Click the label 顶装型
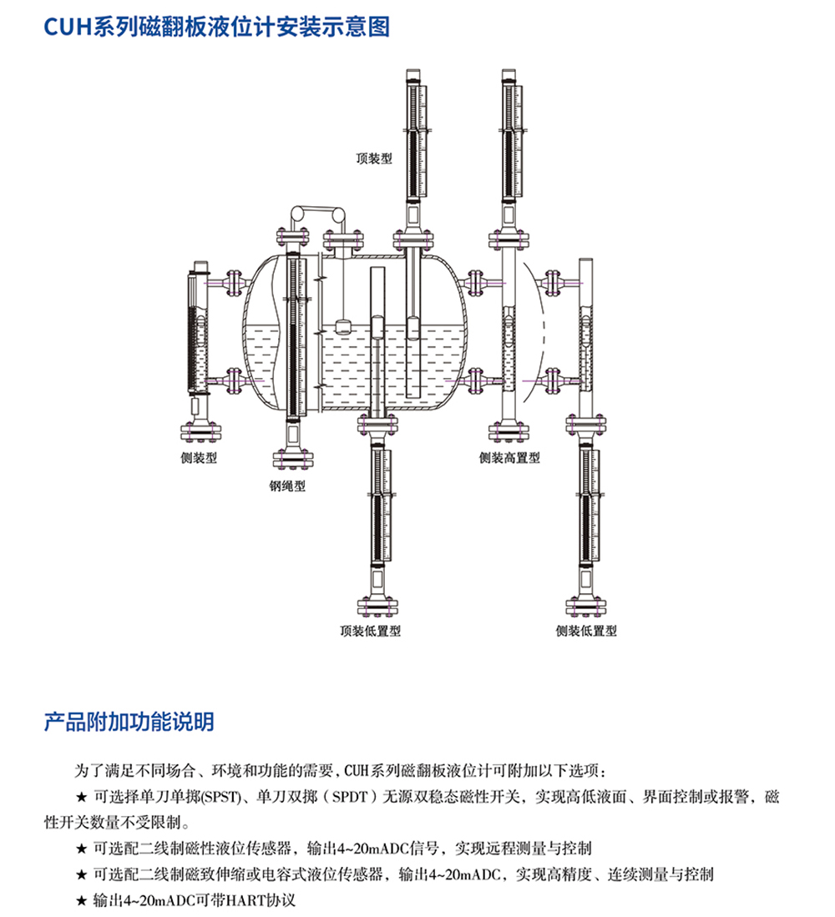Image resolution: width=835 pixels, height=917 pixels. (x=374, y=158)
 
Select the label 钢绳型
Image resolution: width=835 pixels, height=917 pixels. (x=287, y=486)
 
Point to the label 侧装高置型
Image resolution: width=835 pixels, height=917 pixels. (x=509, y=458)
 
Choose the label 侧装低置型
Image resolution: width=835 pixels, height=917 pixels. (x=586, y=632)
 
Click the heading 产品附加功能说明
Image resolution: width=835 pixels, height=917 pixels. (x=129, y=722)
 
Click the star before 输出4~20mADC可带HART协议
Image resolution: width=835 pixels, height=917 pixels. (x=81, y=902)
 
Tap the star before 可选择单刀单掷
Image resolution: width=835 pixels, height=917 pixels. (x=81, y=797)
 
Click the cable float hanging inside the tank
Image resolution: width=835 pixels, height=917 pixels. (x=343, y=326)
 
